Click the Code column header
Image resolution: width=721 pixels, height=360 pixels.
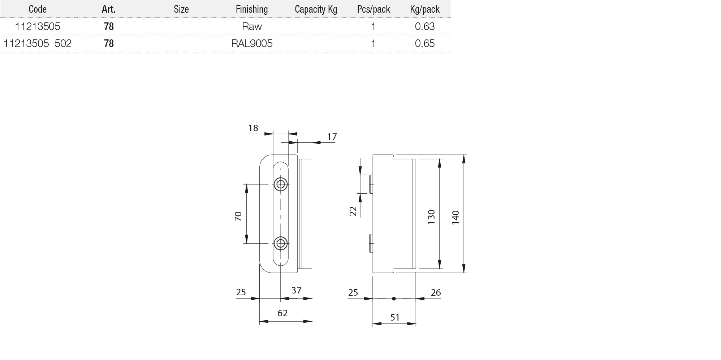tap(38, 9)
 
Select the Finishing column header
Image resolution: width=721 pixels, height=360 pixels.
tap(252, 9)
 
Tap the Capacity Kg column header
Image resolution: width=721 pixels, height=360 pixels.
tap(316, 9)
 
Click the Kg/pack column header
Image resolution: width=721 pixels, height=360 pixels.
tap(425, 9)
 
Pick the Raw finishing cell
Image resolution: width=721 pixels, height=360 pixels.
tap(252, 26)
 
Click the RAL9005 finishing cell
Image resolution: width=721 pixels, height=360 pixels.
tap(252, 43)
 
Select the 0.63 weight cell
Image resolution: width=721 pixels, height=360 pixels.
tap(425, 26)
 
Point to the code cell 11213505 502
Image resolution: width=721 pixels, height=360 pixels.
tap(38, 43)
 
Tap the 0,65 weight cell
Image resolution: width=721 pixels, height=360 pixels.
tap(425, 43)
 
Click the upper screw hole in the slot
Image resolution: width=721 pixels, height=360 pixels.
tap(281, 184)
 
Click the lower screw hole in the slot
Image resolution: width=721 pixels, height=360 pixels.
tap(281, 243)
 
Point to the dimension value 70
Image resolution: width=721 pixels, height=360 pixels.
tap(238, 216)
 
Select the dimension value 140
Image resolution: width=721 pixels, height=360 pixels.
tap(456, 218)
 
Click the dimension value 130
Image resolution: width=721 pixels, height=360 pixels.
tap(431, 217)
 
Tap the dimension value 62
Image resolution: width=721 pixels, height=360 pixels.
tap(282, 313)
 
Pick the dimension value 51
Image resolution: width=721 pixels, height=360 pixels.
tap(395, 317)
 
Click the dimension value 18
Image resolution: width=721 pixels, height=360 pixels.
tap(254, 128)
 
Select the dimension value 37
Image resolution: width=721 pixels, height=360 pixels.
tap(296, 290)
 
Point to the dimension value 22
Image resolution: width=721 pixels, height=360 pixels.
tap(353, 211)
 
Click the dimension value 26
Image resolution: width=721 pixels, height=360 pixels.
tap(436, 292)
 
